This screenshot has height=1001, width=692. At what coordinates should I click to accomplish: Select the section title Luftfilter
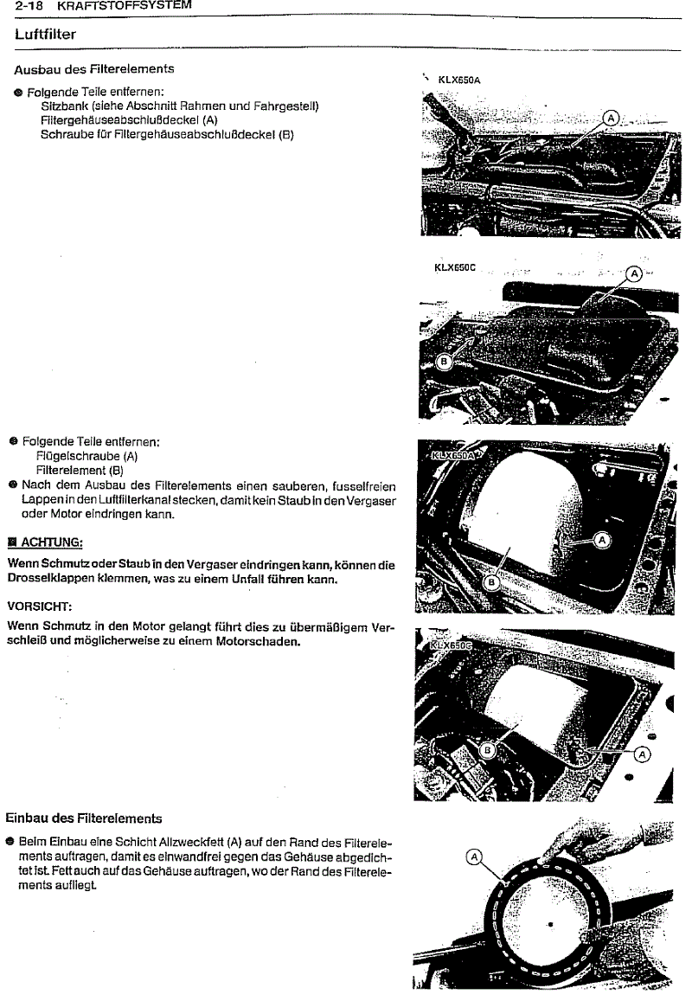click(45, 35)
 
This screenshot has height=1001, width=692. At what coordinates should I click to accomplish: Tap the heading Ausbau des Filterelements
click(94, 68)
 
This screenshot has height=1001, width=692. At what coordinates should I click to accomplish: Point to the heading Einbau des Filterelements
click(83, 817)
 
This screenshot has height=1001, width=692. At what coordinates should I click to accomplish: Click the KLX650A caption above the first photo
click(459, 80)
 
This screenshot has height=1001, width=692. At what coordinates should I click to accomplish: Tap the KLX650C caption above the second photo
click(455, 268)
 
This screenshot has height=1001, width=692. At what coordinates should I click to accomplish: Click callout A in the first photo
click(611, 119)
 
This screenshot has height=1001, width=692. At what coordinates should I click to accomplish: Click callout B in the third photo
click(490, 582)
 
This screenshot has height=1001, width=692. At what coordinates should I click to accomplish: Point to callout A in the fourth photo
click(642, 754)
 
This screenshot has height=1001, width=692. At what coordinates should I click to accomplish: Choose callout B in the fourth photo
click(487, 749)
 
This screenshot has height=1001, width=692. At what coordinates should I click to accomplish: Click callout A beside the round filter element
click(473, 857)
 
